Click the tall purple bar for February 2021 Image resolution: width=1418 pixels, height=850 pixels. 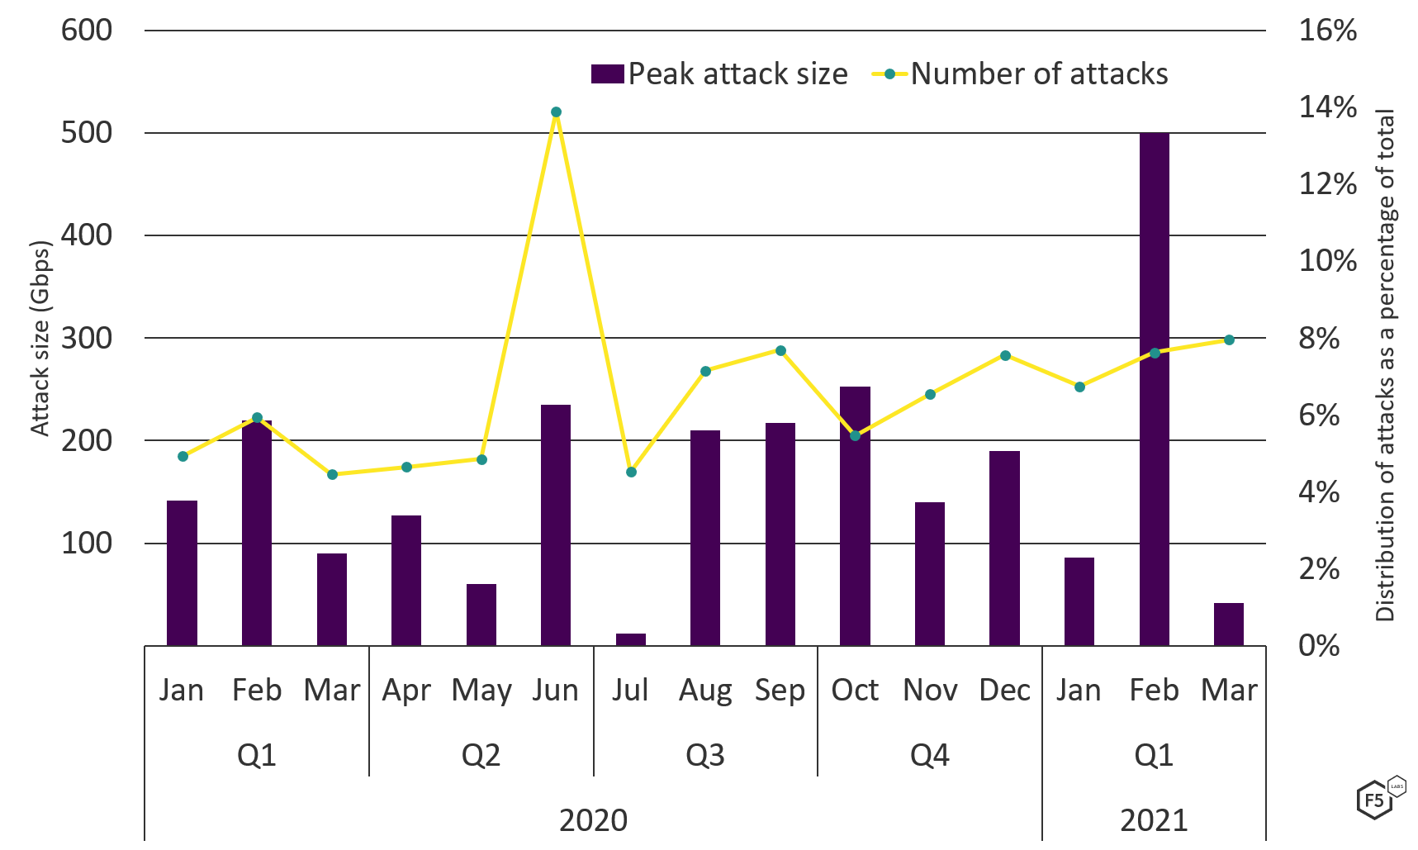1154,388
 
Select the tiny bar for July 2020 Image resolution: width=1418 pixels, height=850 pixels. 631,639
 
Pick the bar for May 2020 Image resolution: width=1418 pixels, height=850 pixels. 481,615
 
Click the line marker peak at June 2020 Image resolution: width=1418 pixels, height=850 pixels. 556,112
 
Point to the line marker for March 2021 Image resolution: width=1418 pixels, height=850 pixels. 1229,340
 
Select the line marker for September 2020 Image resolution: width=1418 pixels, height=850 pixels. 780,350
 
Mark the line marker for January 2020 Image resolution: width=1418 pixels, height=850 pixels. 183,456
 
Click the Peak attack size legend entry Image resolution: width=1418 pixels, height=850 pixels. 719,74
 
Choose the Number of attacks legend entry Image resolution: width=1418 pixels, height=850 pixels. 1021,74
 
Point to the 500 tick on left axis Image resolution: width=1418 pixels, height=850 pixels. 86,133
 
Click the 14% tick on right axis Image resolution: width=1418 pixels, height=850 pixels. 1327,107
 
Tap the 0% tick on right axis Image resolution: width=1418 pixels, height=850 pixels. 1319,645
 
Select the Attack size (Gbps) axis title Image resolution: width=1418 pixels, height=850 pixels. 40,339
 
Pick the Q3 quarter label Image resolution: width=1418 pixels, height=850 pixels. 705,755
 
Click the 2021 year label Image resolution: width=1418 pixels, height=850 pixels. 1154,821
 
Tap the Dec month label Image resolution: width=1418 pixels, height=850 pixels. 1004,690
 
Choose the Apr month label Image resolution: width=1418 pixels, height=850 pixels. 406,690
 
